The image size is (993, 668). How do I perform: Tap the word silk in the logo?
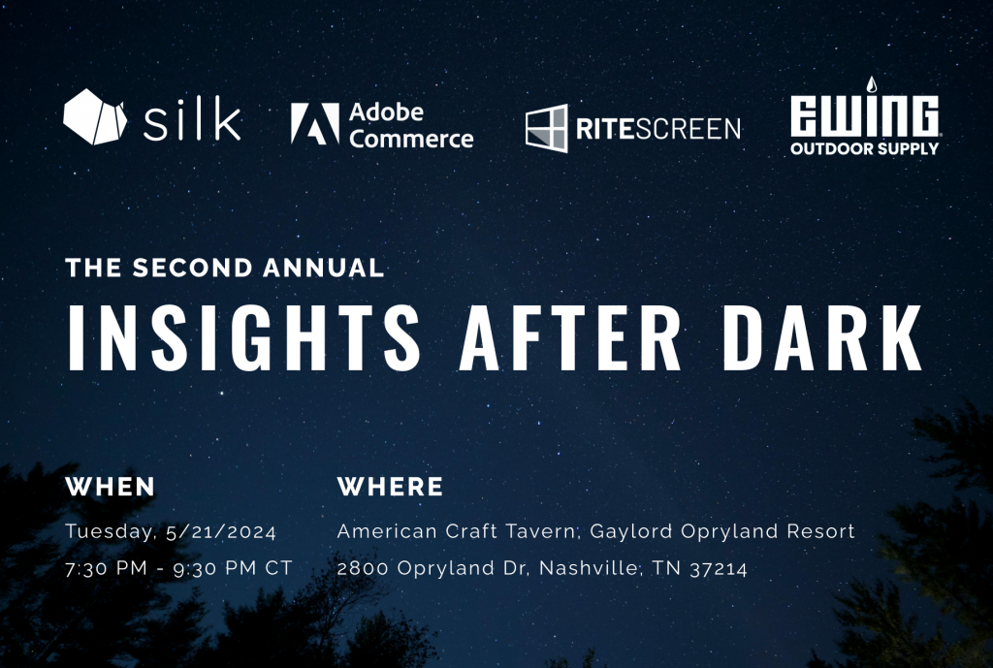(x=192, y=120)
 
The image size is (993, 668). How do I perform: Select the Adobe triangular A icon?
(x=314, y=125)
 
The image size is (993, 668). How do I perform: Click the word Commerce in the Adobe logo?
(x=411, y=138)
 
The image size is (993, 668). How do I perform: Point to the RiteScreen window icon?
(x=546, y=128)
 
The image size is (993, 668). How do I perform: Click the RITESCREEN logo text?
(x=657, y=129)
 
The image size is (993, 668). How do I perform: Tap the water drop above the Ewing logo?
(x=870, y=84)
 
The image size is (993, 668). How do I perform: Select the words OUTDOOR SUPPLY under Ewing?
(x=864, y=149)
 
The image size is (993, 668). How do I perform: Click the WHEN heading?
(x=110, y=487)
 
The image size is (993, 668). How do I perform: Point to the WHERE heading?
(x=390, y=487)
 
